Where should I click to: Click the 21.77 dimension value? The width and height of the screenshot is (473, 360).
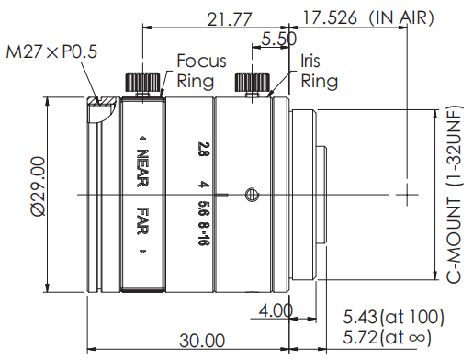tap(230, 19)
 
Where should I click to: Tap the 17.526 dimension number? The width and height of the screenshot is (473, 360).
tap(330, 17)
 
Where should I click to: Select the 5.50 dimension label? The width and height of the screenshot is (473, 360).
tap(279, 39)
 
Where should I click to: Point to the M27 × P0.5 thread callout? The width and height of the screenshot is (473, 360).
tap(51, 51)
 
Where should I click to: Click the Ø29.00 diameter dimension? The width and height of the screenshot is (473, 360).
tap(39, 186)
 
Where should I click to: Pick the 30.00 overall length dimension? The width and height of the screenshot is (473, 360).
tap(202, 341)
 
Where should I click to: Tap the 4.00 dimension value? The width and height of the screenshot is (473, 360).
tap(276, 311)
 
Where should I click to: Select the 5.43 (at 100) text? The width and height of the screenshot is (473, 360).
tap(393, 317)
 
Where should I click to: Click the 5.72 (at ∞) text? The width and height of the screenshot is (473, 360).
tap(388, 337)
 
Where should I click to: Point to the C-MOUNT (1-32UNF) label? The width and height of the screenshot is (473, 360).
tap(454, 195)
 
